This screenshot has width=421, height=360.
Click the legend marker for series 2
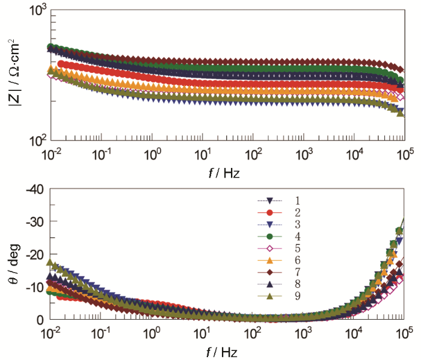point(270,213)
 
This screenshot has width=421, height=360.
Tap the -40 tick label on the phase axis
point(33,190)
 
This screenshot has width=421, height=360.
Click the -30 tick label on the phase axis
point(33,222)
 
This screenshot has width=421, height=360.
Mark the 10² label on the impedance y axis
point(37,141)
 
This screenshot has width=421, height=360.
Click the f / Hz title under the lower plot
point(227,350)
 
